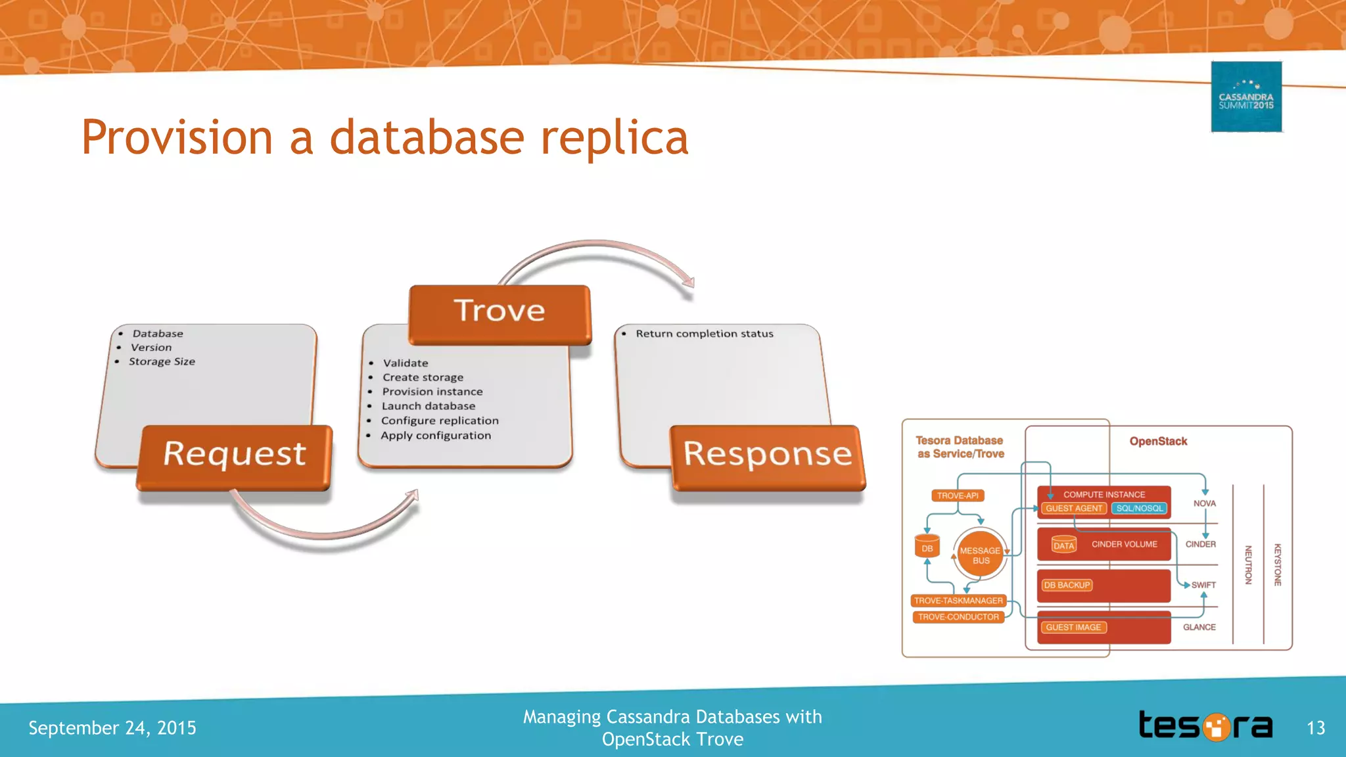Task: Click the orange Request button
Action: click(235, 456)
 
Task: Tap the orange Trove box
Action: click(499, 313)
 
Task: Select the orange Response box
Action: click(768, 456)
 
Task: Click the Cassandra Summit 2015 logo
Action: click(1246, 97)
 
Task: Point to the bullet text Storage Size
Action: click(162, 361)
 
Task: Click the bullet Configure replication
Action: click(440, 421)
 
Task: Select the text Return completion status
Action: click(705, 334)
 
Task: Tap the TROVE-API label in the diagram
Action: click(958, 495)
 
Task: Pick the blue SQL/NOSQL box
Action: click(1139, 508)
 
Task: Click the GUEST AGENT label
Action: click(1073, 508)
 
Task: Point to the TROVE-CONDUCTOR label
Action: click(958, 617)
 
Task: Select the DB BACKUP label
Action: click(1067, 585)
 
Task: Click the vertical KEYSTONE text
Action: click(1278, 564)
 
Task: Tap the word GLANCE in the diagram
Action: click(1199, 627)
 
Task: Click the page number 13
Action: click(1316, 728)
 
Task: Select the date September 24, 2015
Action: click(112, 728)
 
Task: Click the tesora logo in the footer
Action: click(1205, 726)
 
